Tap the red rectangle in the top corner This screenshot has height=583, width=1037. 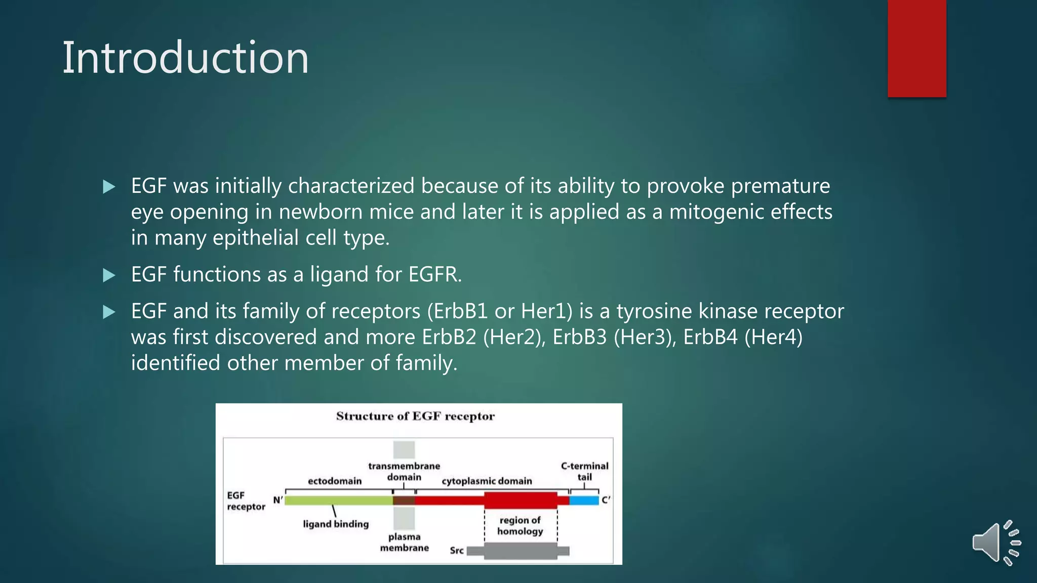tap(916, 48)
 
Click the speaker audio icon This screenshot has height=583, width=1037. tap(995, 543)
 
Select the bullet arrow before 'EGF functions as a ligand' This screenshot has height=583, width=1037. tap(109, 275)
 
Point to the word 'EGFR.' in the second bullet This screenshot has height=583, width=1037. tap(435, 274)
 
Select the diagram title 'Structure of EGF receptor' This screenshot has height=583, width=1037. tap(415, 416)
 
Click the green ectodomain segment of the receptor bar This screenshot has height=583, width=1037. tap(338, 501)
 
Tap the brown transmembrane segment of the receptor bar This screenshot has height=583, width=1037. tap(404, 501)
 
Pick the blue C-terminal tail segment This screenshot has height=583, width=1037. tap(584, 501)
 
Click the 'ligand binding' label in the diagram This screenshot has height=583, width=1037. tap(336, 524)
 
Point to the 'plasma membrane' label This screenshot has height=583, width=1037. tap(404, 542)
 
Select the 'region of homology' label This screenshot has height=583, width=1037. tap(520, 525)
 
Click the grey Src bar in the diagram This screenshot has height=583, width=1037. tap(520, 551)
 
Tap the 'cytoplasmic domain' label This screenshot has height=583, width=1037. tap(487, 481)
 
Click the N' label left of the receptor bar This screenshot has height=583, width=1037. tap(278, 500)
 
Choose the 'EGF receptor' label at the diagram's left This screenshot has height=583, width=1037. tap(246, 501)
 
